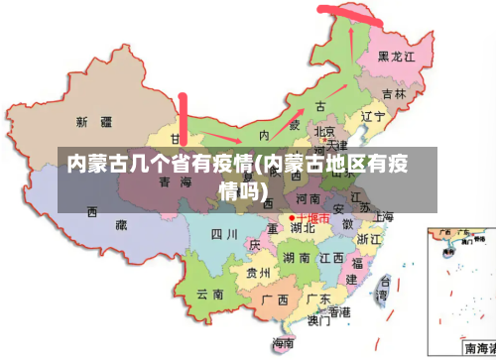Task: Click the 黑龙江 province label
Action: click(x=397, y=57)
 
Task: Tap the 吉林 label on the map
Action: click(x=394, y=94)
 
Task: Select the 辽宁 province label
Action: click(x=372, y=116)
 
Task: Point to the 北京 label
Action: click(x=324, y=131)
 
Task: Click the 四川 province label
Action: click(x=223, y=234)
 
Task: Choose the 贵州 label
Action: click(x=258, y=273)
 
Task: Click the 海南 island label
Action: click(x=284, y=342)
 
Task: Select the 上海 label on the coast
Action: click(x=383, y=216)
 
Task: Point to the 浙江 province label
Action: click(x=369, y=239)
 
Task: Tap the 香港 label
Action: click(x=340, y=311)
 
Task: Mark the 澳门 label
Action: click(x=319, y=321)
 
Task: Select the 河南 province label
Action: click(x=309, y=199)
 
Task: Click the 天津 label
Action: click(x=335, y=145)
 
